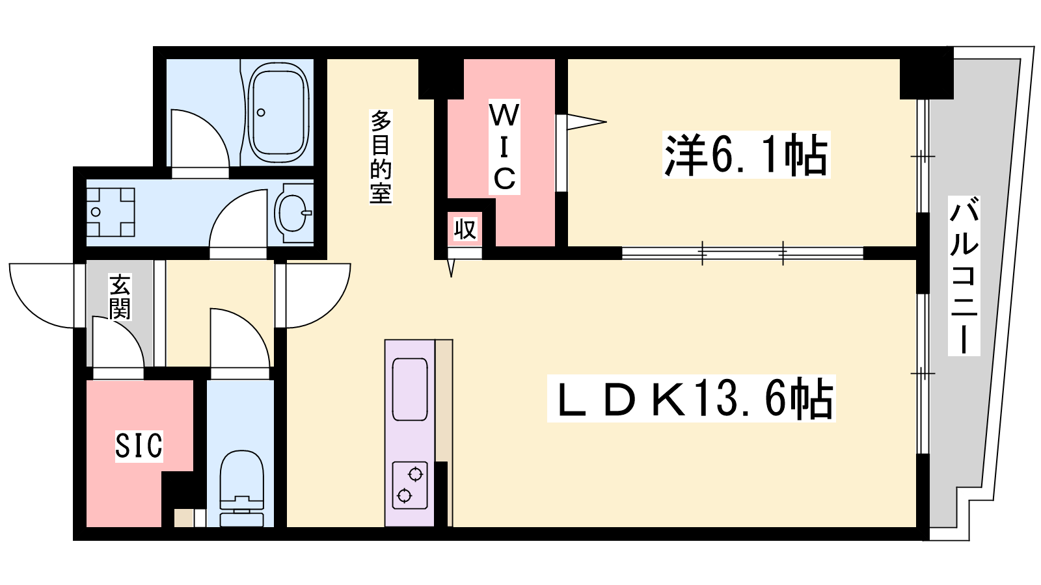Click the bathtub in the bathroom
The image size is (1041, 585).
tap(278, 112)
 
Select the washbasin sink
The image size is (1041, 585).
tap(293, 213)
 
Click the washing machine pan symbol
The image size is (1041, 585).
tap(111, 212)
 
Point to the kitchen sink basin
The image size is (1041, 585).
tap(409, 389)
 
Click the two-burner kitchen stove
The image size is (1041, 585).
tap(409, 485)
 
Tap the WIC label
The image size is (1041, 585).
tap(504, 147)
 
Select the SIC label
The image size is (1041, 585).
tap(139, 445)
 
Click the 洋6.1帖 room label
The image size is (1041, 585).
tap(746, 155)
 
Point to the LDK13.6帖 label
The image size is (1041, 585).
tap(692, 398)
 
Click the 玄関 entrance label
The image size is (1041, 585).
tap(120, 296)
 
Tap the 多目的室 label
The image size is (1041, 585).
tap(381, 157)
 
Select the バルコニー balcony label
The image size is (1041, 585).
tap(964, 276)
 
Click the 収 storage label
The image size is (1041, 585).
tap(465, 229)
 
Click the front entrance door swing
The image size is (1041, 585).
tap(42, 296)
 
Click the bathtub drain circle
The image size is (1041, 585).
tap(261, 113)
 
